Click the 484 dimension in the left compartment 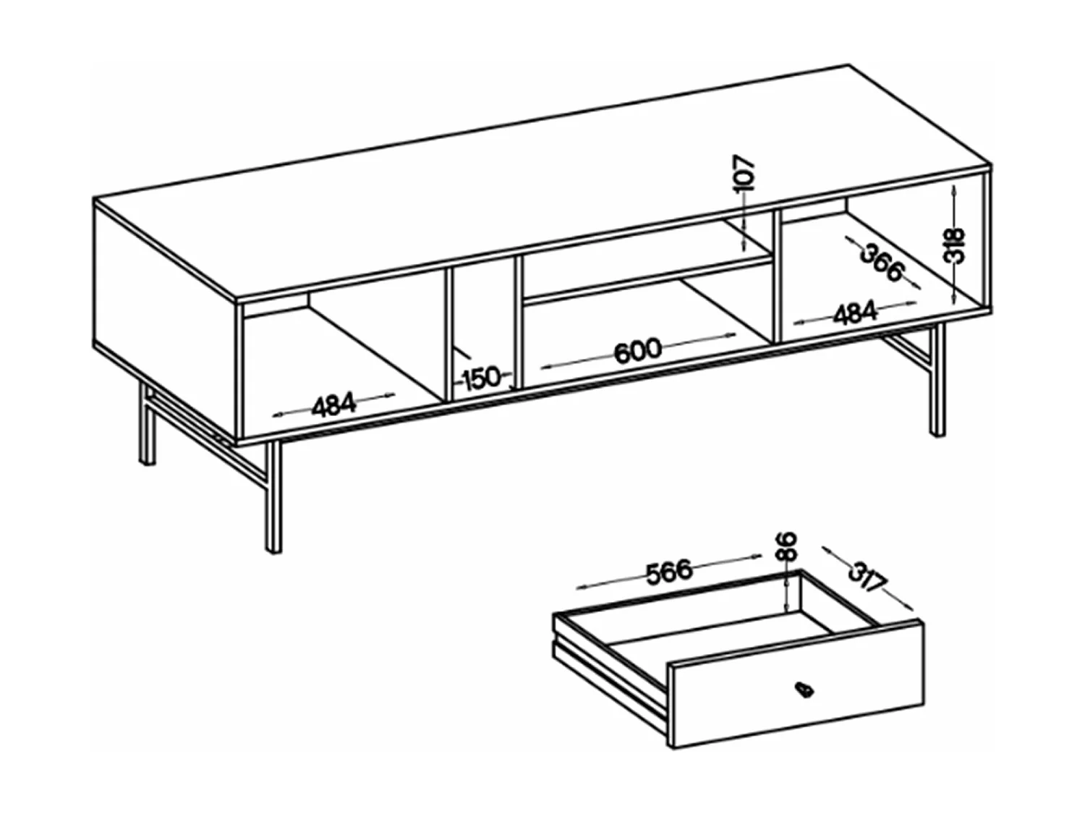click(x=333, y=404)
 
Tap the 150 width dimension click(x=482, y=378)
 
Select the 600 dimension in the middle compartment click(x=638, y=350)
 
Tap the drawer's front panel click(x=797, y=685)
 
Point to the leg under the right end click(x=937, y=380)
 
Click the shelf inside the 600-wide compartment click(x=647, y=278)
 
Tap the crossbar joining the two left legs click(x=208, y=430)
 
